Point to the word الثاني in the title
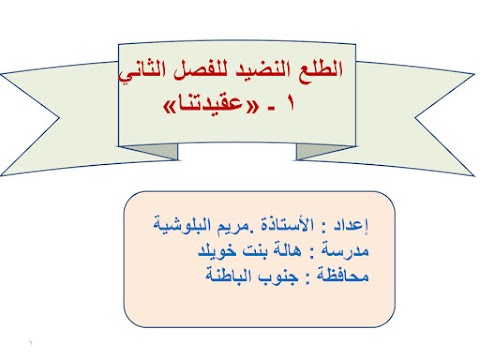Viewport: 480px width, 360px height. [151, 73]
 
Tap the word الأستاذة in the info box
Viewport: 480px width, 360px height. [292, 223]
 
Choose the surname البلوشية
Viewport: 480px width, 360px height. [182, 223]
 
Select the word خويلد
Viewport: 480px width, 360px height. [213, 246]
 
